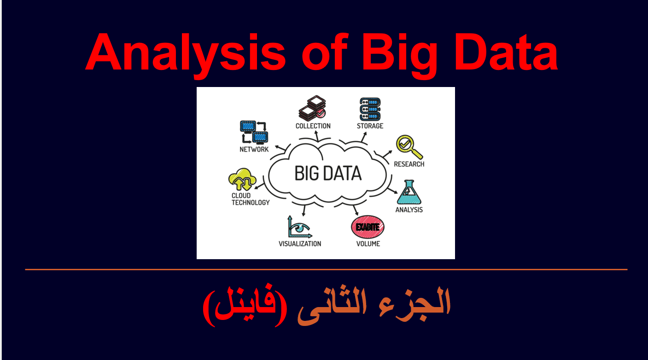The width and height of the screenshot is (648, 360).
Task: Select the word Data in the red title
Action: pos(506,52)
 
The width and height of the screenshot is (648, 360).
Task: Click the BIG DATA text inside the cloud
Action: pos(328,173)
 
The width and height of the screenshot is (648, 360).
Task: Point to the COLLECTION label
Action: pos(313,126)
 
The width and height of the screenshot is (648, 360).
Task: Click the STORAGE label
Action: pos(370,126)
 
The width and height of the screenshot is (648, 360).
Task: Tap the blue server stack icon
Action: pos(370,109)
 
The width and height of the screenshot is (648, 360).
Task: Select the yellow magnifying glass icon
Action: pos(409,147)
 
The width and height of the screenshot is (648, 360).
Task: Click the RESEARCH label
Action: pos(409,164)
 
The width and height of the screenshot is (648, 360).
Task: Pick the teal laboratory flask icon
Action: pos(409,192)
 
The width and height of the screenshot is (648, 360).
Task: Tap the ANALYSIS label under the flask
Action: pos(409,209)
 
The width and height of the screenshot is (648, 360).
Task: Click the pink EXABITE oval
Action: pos(368,226)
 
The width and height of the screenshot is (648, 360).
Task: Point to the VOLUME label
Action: pos(368,244)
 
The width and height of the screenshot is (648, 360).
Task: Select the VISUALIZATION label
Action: pos(300,244)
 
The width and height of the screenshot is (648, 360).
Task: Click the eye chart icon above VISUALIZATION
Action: pos(300,227)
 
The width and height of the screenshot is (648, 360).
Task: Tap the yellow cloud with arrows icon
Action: pos(242,180)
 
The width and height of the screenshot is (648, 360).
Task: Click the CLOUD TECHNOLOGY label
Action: pos(251,199)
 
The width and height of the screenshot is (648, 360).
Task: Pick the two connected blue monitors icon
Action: pos(254,132)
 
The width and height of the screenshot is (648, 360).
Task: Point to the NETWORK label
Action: pos(254,149)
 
